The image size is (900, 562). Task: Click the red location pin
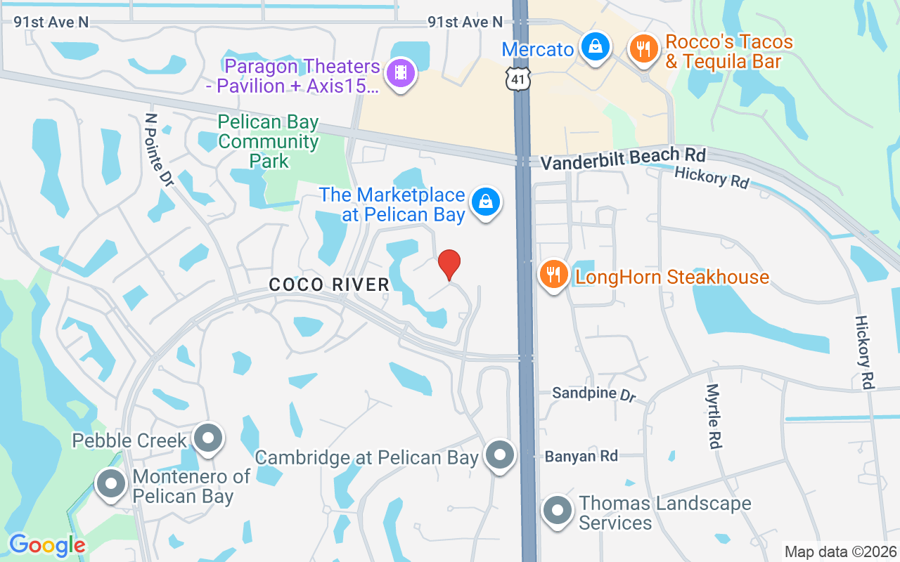coord(449,265)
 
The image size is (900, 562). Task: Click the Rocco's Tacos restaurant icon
coord(643,50)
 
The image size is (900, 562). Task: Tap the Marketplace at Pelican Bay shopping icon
coord(485,203)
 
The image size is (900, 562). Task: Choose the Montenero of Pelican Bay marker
coord(110,485)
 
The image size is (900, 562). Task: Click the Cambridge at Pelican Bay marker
coord(500,455)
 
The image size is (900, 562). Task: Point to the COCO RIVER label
coord(329,285)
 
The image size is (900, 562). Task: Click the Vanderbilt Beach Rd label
coord(622,157)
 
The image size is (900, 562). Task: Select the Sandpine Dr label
coord(593,393)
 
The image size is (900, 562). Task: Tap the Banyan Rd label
coord(581,457)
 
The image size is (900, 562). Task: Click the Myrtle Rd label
coord(714,416)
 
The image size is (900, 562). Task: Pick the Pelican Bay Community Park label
coord(269,142)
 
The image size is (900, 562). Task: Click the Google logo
coord(47,545)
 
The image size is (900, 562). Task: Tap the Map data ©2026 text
coord(840,551)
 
